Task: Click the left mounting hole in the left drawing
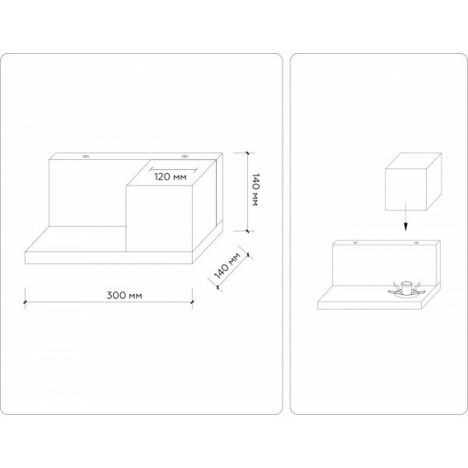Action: pos(86,158)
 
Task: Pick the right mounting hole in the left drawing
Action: pos(185,158)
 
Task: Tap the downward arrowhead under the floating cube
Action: pos(405,227)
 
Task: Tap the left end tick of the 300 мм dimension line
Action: pos(25,296)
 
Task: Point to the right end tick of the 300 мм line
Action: pos(194,296)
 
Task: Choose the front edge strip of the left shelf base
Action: pos(109,257)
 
